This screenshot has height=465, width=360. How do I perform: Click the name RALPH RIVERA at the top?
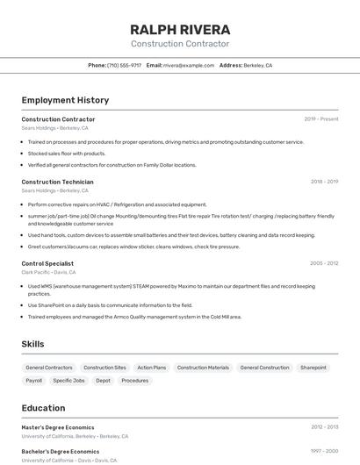180,29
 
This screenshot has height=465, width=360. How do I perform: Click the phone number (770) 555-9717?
124,65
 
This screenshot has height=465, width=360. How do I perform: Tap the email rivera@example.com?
189,65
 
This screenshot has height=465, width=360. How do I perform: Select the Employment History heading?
65,101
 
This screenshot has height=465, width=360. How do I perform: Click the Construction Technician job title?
57,182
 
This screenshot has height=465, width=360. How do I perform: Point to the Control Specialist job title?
47,263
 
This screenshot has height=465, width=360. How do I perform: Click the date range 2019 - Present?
320,119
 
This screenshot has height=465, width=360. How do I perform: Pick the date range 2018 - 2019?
324,182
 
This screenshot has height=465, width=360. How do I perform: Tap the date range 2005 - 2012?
324,263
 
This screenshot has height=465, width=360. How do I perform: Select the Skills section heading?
32,344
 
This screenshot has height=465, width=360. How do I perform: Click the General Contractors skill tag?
49,368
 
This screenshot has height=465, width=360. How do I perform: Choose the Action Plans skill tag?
152,368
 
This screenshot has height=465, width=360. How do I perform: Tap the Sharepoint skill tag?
313,368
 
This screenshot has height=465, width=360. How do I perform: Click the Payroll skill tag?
34,381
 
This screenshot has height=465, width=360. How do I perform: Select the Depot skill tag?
104,381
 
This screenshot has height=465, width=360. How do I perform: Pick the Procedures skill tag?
135,381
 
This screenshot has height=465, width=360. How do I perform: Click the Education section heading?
43,408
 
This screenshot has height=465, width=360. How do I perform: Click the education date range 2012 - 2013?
324,427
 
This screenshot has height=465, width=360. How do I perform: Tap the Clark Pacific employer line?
54,272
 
